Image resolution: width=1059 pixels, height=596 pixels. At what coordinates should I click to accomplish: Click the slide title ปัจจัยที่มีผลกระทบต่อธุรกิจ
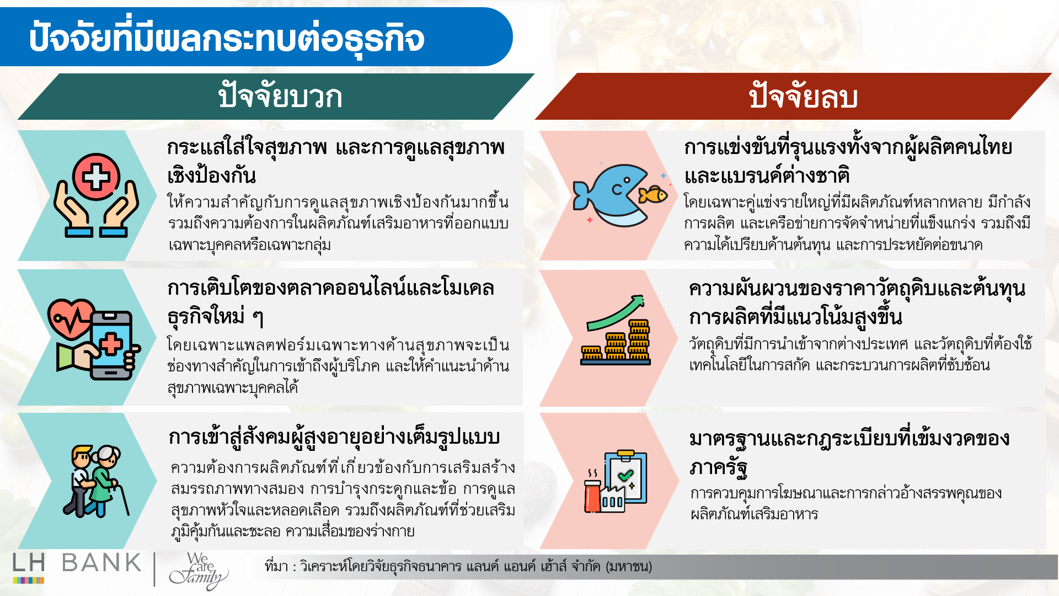pos(226,38)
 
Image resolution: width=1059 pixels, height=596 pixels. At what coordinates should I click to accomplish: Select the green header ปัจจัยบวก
pos(280,97)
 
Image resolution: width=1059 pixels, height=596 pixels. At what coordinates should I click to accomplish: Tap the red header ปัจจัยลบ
pos(803,97)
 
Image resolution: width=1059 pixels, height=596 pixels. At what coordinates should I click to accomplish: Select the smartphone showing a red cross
pos(112,345)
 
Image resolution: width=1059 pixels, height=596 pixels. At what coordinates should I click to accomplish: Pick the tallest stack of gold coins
pos(639,340)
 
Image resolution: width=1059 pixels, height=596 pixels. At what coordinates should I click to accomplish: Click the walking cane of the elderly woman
pos(124,499)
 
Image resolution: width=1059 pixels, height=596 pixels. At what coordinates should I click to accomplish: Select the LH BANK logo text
pos(77,563)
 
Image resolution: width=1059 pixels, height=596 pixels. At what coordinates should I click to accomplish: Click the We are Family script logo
pos(199,571)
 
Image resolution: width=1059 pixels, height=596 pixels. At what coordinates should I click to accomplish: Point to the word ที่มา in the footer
pos(276,567)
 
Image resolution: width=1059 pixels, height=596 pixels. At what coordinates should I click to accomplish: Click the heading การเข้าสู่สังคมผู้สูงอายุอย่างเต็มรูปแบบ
pos(334,437)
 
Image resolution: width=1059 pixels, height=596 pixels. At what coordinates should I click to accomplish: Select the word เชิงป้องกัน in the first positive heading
pos(211,176)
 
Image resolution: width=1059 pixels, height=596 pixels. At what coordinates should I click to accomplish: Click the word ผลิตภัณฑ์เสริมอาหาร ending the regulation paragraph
pos(753,514)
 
